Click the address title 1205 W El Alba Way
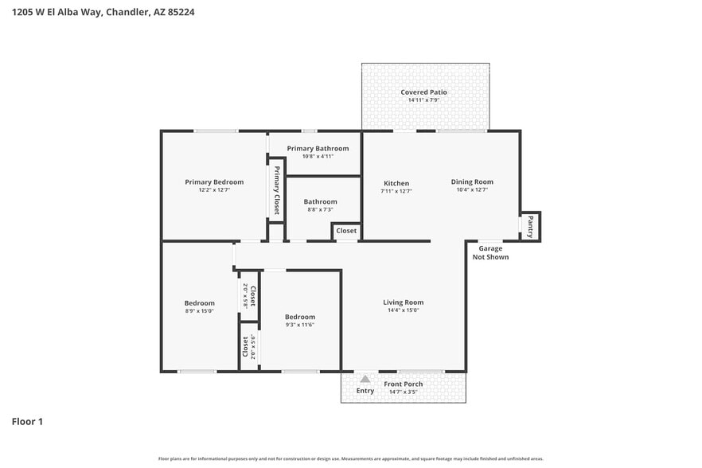(x=103, y=12)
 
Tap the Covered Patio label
(x=423, y=92)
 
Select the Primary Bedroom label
(x=214, y=182)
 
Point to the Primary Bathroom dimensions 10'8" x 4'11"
(x=318, y=157)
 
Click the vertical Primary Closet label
(x=276, y=190)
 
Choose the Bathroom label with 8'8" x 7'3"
(x=320, y=202)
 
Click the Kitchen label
(x=396, y=183)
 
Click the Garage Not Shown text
(x=490, y=253)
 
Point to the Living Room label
(x=403, y=302)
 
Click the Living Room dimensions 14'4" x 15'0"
(x=403, y=310)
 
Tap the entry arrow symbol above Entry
(x=365, y=380)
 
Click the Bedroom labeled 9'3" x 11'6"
(x=300, y=318)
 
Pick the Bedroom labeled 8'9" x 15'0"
(x=199, y=303)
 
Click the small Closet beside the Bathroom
(x=346, y=231)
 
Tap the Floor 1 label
(x=27, y=421)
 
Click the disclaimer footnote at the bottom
(x=350, y=458)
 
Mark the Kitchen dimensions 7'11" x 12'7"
(x=396, y=191)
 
